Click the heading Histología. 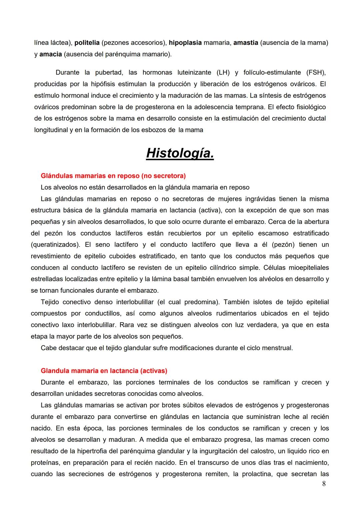click(180, 154)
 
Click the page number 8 click(324, 484)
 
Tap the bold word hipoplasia click(185, 43)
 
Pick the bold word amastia click(246, 43)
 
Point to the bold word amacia click(51, 54)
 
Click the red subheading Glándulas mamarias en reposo click(113, 176)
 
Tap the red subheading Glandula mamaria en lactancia click(104, 370)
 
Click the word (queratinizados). click(55, 245)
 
